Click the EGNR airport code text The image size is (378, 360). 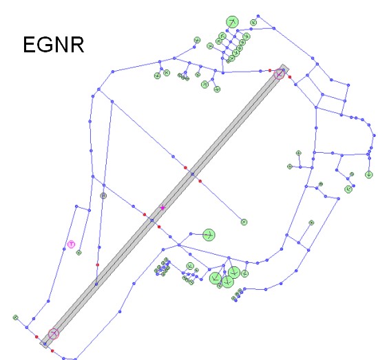pyautogui.click(x=54, y=45)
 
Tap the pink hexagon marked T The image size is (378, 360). pyautogui.click(x=71, y=244)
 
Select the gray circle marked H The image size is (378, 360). pyautogui.click(x=103, y=195)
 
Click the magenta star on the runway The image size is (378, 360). pyautogui.click(x=162, y=208)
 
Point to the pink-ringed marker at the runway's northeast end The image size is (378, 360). pyautogui.click(x=279, y=74)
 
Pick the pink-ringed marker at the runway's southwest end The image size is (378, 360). pyautogui.click(x=54, y=334)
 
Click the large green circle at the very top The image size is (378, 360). pyautogui.click(x=233, y=22)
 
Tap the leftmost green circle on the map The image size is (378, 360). pyautogui.click(x=16, y=317)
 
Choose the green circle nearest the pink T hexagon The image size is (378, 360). pyautogui.click(x=78, y=253)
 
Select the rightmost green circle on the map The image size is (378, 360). pyautogui.click(x=369, y=174)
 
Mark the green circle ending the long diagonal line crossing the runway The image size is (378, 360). pyautogui.click(x=244, y=222)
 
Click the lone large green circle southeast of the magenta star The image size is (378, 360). pyautogui.click(x=209, y=235)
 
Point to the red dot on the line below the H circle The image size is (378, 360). pyautogui.click(x=97, y=265)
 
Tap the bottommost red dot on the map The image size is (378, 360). pyautogui.click(x=52, y=351)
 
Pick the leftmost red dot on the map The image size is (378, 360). pyautogui.click(x=36, y=337)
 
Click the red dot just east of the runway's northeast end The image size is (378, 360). pyautogui.click(x=290, y=77)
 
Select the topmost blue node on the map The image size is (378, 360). pyautogui.click(x=258, y=16)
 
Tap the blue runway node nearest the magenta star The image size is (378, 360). pyautogui.click(x=152, y=220)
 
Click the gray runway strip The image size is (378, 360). pyautogui.click(x=164, y=206)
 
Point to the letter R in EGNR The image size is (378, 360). pyautogui.click(x=77, y=45)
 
